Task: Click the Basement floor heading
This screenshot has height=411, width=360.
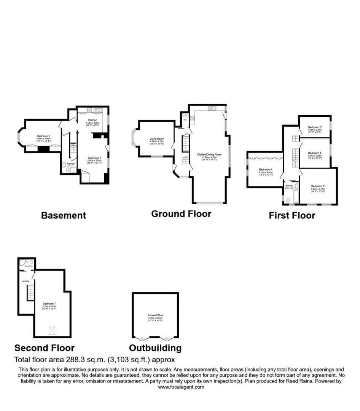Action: (x=64, y=215)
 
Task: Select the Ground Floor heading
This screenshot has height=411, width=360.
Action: (x=181, y=213)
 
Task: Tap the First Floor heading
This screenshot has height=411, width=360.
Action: (x=292, y=215)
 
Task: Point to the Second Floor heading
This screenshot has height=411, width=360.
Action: (x=45, y=348)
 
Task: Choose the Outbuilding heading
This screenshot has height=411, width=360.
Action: (x=155, y=348)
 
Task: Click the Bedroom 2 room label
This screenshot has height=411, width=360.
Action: (x=44, y=136)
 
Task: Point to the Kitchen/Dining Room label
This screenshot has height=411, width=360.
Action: (x=209, y=155)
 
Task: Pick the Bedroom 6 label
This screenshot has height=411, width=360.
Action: (x=315, y=127)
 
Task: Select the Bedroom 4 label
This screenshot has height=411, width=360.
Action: (x=265, y=169)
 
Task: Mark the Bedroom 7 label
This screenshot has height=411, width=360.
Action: (x=49, y=304)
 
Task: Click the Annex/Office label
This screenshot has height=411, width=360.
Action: (x=155, y=315)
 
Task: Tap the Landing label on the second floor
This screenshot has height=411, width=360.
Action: (x=25, y=281)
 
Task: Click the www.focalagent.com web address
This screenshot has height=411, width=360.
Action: (x=181, y=387)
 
